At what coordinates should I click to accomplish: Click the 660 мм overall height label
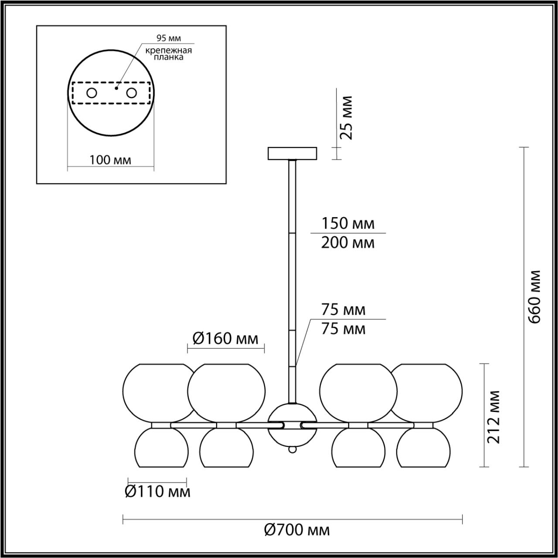click(534, 296)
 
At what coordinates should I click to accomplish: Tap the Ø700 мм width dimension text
click(297, 530)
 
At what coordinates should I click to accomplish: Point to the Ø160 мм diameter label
click(225, 338)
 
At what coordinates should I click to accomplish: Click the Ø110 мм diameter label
click(157, 492)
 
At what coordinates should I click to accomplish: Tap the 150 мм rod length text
click(347, 223)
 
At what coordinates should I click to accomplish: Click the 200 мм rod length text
click(347, 242)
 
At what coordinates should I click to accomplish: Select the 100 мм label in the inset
click(110, 160)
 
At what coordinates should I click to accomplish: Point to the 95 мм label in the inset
click(169, 38)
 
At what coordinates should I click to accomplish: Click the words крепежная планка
click(169, 53)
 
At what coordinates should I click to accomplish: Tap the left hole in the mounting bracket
click(92, 93)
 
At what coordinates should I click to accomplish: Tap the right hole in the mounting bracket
click(131, 93)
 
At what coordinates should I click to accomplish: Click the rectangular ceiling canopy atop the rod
click(292, 153)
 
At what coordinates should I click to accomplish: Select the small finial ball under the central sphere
click(292, 449)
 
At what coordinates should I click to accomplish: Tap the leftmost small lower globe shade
click(161, 448)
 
